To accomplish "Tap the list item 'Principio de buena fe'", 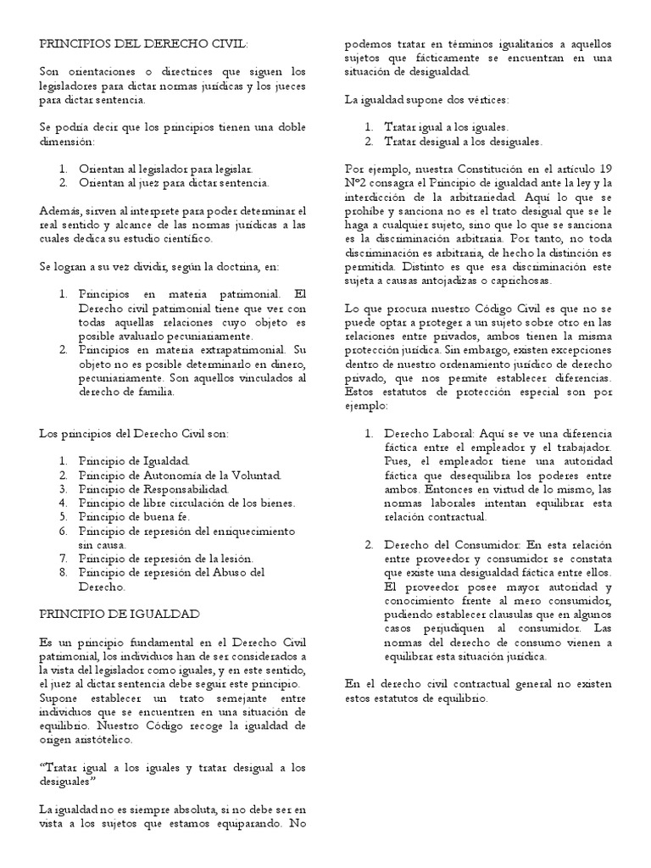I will [x=134, y=515].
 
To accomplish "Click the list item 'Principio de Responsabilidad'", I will [x=153, y=489].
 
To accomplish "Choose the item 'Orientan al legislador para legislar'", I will [x=164, y=169].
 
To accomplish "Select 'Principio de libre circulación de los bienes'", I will [x=186, y=502].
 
